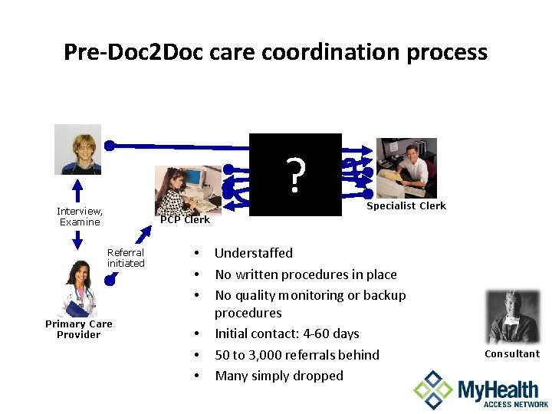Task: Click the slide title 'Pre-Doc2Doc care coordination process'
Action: click(x=275, y=51)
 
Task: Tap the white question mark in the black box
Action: click(x=295, y=176)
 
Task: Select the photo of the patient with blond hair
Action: click(x=77, y=149)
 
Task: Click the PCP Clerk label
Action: click(x=185, y=220)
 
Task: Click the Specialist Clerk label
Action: click(x=406, y=205)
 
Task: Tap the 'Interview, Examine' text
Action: click(x=80, y=216)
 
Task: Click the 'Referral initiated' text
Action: click(x=126, y=258)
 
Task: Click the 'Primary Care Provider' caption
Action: click(x=78, y=329)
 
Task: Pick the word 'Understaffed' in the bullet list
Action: click(x=253, y=253)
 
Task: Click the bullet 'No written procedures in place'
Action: click(x=305, y=274)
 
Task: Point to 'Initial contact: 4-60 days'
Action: click(x=287, y=333)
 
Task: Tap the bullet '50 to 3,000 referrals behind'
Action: click(x=297, y=355)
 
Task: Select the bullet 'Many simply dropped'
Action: click(x=279, y=376)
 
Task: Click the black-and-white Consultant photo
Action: click(x=513, y=317)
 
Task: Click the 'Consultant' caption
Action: click(x=512, y=354)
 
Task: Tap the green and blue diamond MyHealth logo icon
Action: click(x=433, y=389)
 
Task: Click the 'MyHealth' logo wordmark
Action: click(x=502, y=389)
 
